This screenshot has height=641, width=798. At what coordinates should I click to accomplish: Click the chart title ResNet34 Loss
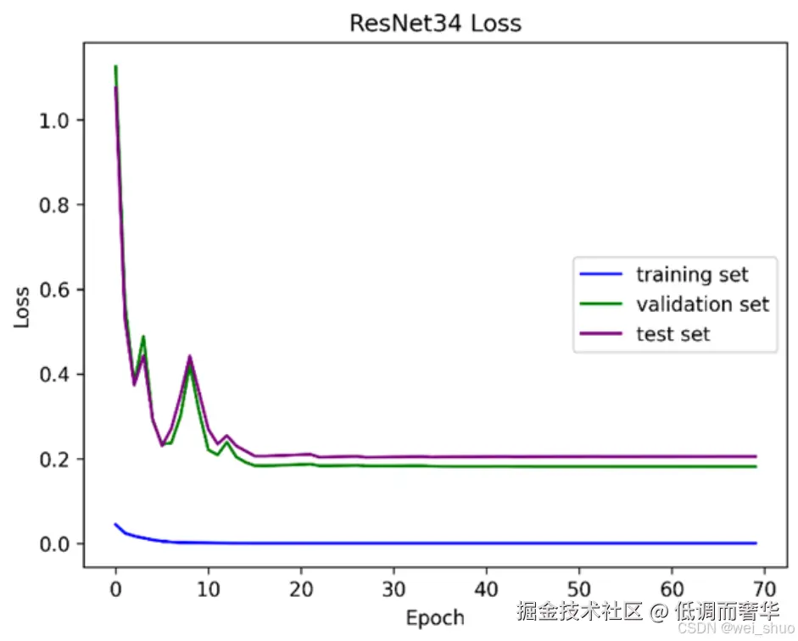[x=436, y=24]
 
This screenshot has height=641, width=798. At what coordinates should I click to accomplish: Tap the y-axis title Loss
[x=21, y=307]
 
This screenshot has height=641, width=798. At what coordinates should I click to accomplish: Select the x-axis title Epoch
[x=435, y=617]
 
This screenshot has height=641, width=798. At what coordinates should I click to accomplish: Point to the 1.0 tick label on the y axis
[x=54, y=120]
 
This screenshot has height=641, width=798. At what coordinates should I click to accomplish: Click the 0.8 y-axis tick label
[x=54, y=205]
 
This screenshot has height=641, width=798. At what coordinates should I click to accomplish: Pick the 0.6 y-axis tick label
[x=54, y=290]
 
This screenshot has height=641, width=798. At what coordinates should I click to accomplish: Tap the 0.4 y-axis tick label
[x=54, y=375]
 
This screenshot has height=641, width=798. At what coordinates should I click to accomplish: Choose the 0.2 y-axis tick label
[x=54, y=460]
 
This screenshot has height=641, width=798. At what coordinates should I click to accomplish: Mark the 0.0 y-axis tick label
[x=54, y=544]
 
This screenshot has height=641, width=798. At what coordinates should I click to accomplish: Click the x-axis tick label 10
[x=208, y=589]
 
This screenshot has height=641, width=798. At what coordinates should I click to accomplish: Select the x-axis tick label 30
[x=393, y=589]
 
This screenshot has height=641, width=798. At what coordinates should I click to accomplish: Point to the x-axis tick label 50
[x=578, y=589]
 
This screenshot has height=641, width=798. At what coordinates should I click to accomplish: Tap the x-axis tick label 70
[x=764, y=589]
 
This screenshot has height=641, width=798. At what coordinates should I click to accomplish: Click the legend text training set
[x=692, y=275]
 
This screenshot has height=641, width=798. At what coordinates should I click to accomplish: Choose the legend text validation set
[x=703, y=304]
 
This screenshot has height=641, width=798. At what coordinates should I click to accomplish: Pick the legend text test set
[x=672, y=334]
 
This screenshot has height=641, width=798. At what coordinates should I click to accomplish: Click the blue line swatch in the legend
[x=601, y=274]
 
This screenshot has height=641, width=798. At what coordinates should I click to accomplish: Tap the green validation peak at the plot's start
[x=116, y=66]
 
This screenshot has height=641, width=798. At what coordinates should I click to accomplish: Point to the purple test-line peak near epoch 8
[x=190, y=356]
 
